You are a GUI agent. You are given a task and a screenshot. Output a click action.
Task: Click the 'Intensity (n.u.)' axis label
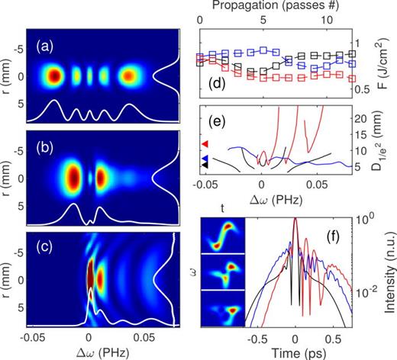[388, 264]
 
